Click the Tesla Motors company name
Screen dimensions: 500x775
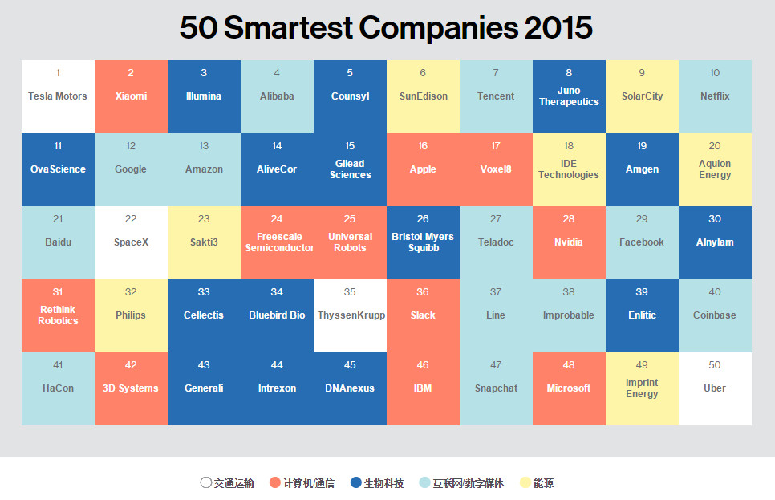pyautogui.click(x=58, y=96)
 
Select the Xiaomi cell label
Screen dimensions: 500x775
pyautogui.click(x=131, y=96)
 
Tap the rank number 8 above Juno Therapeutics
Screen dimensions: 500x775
pyautogui.click(x=569, y=73)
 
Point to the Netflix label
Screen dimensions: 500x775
pyautogui.click(x=715, y=96)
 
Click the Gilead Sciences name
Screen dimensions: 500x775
pyautogui.click(x=350, y=169)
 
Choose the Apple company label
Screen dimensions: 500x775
pyautogui.click(x=423, y=169)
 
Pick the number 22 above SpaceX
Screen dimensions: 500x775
pyautogui.click(x=131, y=219)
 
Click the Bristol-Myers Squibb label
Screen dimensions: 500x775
pyautogui.click(x=423, y=242)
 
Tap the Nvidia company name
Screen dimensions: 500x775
pyautogui.click(x=569, y=242)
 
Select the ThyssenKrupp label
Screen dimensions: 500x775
pyautogui.click(x=350, y=315)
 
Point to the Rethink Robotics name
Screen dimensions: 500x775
pyautogui.click(x=58, y=315)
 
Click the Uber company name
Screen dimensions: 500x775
pyautogui.click(x=715, y=388)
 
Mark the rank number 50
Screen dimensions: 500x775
pyautogui.click(x=715, y=365)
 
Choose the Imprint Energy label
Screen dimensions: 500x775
pyautogui.click(x=642, y=388)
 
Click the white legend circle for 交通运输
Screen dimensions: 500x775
pyautogui.click(x=206, y=483)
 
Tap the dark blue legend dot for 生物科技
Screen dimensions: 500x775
pyautogui.click(x=356, y=483)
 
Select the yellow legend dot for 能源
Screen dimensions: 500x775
pyautogui.click(x=525, y=483)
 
